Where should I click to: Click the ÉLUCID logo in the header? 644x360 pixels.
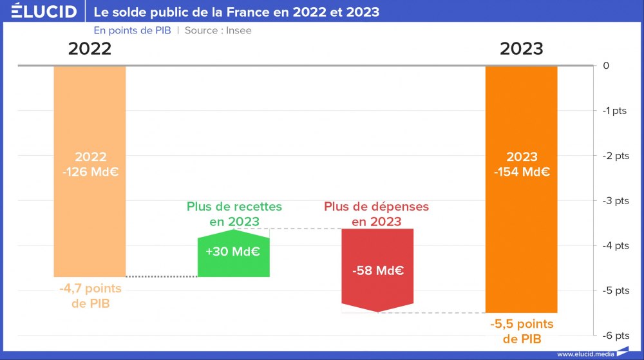click(x=44, y=12)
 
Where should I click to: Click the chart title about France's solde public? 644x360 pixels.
click(x=236, y=12)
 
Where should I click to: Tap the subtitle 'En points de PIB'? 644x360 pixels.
click(x=132, y=30)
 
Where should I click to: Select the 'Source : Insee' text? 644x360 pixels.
click(x=218, y=30)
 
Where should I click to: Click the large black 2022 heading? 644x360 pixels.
click(x=90, y=49)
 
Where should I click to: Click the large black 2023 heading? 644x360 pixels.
click(x=521, y=49)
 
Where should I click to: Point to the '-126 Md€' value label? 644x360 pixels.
click(x=90, y=172)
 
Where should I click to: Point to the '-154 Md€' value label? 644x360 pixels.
click(x=522, y=172)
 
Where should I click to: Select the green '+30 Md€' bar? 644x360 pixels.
click(x=233, y=254)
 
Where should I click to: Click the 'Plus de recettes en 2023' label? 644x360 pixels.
click(x=234, y=214)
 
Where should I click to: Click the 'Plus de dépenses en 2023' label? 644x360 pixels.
click(x=376, y=214)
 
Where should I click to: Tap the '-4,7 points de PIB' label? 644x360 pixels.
click(x=90, y=296)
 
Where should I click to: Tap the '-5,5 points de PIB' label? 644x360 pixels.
click(x=522, y=331)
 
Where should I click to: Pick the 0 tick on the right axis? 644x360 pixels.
click(x=606, y=66)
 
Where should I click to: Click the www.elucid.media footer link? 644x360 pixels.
click(x=585, y=354)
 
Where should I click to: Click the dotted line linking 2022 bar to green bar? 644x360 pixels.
click(x=161, y=277)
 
